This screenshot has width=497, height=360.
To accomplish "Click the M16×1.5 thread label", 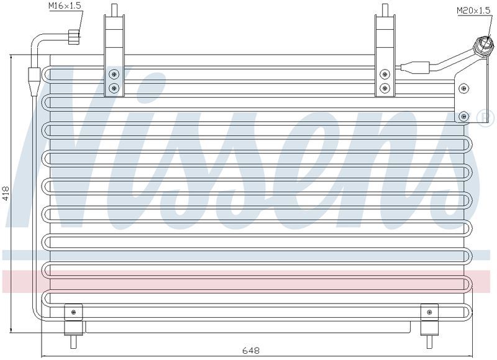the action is coord(65,6).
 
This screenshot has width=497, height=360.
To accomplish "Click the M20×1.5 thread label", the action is coord(473,10).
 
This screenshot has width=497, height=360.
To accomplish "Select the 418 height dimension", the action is coord(6,193).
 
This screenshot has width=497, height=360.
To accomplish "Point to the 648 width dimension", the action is coord(251,350).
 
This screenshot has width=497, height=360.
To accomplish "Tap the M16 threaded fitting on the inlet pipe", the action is coord(75,36).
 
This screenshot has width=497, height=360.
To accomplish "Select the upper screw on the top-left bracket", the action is coord(114,75).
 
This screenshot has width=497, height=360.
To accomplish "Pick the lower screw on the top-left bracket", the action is coord(114,88).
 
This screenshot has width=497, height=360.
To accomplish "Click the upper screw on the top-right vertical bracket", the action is coord(385,75).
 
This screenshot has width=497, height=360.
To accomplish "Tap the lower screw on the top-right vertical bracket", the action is coord(385,88).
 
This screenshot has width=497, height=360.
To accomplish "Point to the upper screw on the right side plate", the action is coord(464,88).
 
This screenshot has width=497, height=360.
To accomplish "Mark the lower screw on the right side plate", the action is coord(464,116).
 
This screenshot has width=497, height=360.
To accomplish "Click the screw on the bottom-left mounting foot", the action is coord(73,312).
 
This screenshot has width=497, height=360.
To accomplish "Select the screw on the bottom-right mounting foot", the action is coord(429,312).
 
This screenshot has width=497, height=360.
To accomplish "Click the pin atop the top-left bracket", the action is coord(114,9).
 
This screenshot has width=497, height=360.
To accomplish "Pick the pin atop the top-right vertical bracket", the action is coord(385,9).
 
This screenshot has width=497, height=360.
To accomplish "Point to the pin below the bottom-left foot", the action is coord(73,341).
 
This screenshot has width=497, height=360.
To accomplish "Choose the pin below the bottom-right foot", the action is coord(429,341).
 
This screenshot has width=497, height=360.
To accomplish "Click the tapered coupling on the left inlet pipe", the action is coord(34,81).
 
